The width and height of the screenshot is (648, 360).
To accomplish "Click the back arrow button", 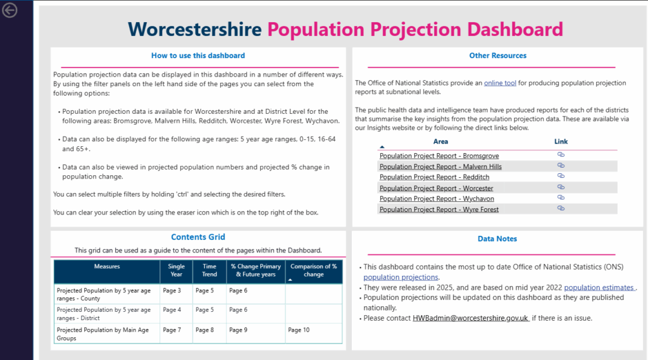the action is [9, 10].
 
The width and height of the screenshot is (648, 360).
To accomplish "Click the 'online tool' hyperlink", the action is [500, 83].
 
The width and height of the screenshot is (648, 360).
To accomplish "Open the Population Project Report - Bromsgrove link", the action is [439, 156].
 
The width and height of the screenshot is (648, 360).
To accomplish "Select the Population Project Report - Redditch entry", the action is [434, 177].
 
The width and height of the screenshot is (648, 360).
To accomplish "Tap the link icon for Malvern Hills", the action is [561, 165].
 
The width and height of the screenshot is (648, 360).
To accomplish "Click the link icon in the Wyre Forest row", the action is [561, 208].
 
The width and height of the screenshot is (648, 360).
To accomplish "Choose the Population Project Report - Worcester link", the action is [437, 188].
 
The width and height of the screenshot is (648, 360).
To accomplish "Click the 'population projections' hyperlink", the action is [401, 277].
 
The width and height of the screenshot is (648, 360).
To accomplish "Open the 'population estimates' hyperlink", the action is [599, 287].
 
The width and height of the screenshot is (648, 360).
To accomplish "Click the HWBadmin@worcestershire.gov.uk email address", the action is [470, 318].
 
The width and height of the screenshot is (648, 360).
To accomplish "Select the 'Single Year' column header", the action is [177, 270].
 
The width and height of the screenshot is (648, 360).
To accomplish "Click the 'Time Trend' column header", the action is [209, 270].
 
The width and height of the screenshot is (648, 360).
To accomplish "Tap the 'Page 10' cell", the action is [299, 330].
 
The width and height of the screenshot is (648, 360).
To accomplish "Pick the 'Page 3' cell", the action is [172, 290].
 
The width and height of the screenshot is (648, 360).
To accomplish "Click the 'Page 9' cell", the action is [238, 330].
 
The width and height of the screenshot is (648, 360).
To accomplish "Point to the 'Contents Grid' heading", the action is [198, 237].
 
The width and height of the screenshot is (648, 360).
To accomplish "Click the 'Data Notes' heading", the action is [497, 239].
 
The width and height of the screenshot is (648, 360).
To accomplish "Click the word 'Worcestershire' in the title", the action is [195, 29].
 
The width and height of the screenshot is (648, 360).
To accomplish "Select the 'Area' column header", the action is [440, 141].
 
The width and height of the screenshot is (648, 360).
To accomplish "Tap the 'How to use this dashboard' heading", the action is [198, 56].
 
